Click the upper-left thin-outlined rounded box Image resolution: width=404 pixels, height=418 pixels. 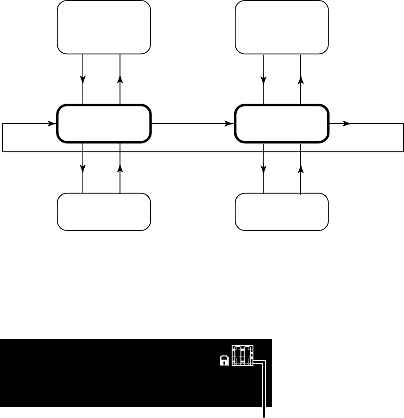click(104, 27)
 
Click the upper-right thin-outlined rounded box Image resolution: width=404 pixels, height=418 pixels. click(282, 27)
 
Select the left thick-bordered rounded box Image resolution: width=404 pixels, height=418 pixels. click(104, 124)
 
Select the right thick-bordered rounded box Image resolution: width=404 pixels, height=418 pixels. click(282, 124)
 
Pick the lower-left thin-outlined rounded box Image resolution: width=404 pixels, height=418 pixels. click(104, 212)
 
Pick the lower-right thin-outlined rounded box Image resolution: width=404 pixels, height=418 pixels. click(282, 212)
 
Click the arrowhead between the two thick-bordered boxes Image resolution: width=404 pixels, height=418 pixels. click(229, 124)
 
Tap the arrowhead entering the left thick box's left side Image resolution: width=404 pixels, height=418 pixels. click(51, 124)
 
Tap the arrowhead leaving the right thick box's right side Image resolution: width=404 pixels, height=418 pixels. click(346, 124)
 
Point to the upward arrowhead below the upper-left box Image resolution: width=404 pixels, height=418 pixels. click(120, 79)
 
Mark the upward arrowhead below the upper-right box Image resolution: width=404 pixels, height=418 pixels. click(301, 79)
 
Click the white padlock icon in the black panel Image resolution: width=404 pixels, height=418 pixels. click(224, 361)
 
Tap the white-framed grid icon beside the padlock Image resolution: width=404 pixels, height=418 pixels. click(243, 356)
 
